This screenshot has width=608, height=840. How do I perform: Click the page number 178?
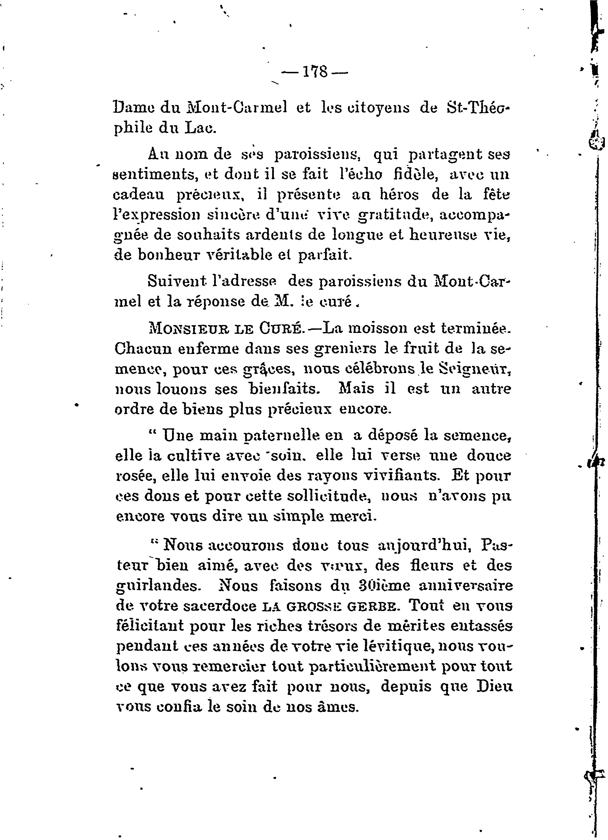[x=315, y=72]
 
